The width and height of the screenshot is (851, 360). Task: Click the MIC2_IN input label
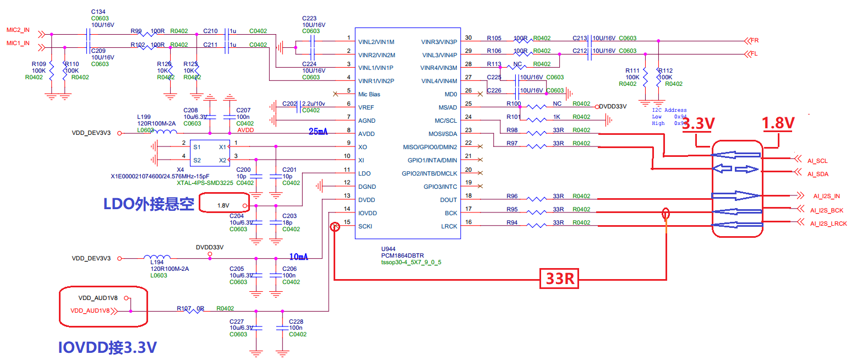[18, 30]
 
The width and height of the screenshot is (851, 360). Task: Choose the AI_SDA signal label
[818, 174]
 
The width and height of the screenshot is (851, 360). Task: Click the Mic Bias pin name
[369, 94]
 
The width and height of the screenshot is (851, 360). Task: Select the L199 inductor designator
[144, 117]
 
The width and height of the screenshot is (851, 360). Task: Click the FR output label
[754, 40]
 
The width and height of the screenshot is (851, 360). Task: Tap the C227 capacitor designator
[237, 321]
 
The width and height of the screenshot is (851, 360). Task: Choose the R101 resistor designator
[513, 117]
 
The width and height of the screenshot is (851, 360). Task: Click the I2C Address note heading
[668, 110]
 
